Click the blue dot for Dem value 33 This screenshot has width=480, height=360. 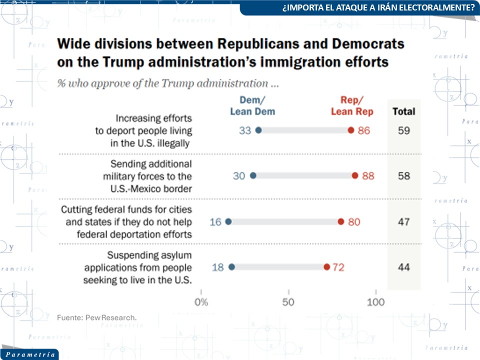click(258, 130)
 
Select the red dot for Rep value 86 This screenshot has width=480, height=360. click(351, 130)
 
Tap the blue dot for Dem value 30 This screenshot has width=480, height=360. click(253, 175)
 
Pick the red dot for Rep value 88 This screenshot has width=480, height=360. click(355, 175)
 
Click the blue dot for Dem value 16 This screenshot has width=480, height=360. click(228, 221)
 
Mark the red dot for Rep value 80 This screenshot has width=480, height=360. click(341, 221)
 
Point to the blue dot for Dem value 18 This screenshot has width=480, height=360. click(232, 267)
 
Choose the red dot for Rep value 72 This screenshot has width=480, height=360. click(326, 267)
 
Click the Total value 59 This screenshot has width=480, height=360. click(403, 131)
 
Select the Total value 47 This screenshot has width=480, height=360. click(403, 221)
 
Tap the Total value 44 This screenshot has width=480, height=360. click(403, 267)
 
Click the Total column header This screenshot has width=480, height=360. click(403, 111)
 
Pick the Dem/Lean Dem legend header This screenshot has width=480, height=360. click(252, 105)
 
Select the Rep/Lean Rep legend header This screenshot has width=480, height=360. click(352, 105)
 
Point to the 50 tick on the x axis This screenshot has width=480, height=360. click(288, 302)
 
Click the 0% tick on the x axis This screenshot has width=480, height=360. click(201, 302)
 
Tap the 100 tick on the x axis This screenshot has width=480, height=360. click(376, 302)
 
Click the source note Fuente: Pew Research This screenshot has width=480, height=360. click(96, 317)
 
